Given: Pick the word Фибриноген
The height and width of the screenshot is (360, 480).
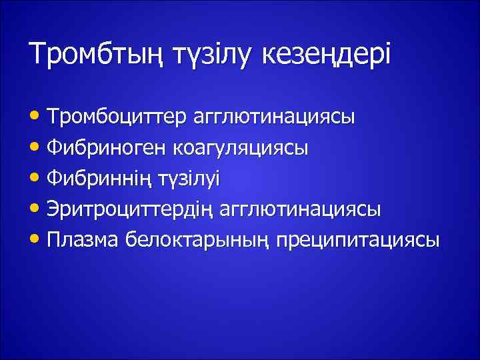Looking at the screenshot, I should pos(106,148).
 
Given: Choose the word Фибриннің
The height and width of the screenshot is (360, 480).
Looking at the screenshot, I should pos(101,179).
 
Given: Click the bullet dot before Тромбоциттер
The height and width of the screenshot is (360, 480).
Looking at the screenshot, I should pos(38,117).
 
